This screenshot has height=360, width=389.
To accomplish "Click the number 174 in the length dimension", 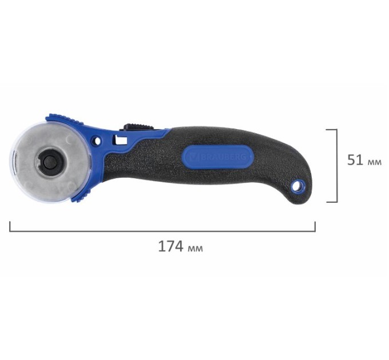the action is pyautogui.click(x=171, y=246).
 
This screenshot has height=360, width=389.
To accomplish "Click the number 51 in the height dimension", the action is pyautogui.click(x=355, y=160).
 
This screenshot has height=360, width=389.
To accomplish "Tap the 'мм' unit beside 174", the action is pyautogui.click(x=196, y=248).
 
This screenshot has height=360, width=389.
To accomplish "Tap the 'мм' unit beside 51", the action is pyautogui.click(x=374, y=162).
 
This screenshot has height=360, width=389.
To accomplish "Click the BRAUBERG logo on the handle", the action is pyautogui.click(x=219, y=157).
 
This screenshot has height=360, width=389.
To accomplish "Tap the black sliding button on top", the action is pyautogui.click(x=136, y=126).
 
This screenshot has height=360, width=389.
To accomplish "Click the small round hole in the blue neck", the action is pyautogui.click(x=97, y=141).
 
